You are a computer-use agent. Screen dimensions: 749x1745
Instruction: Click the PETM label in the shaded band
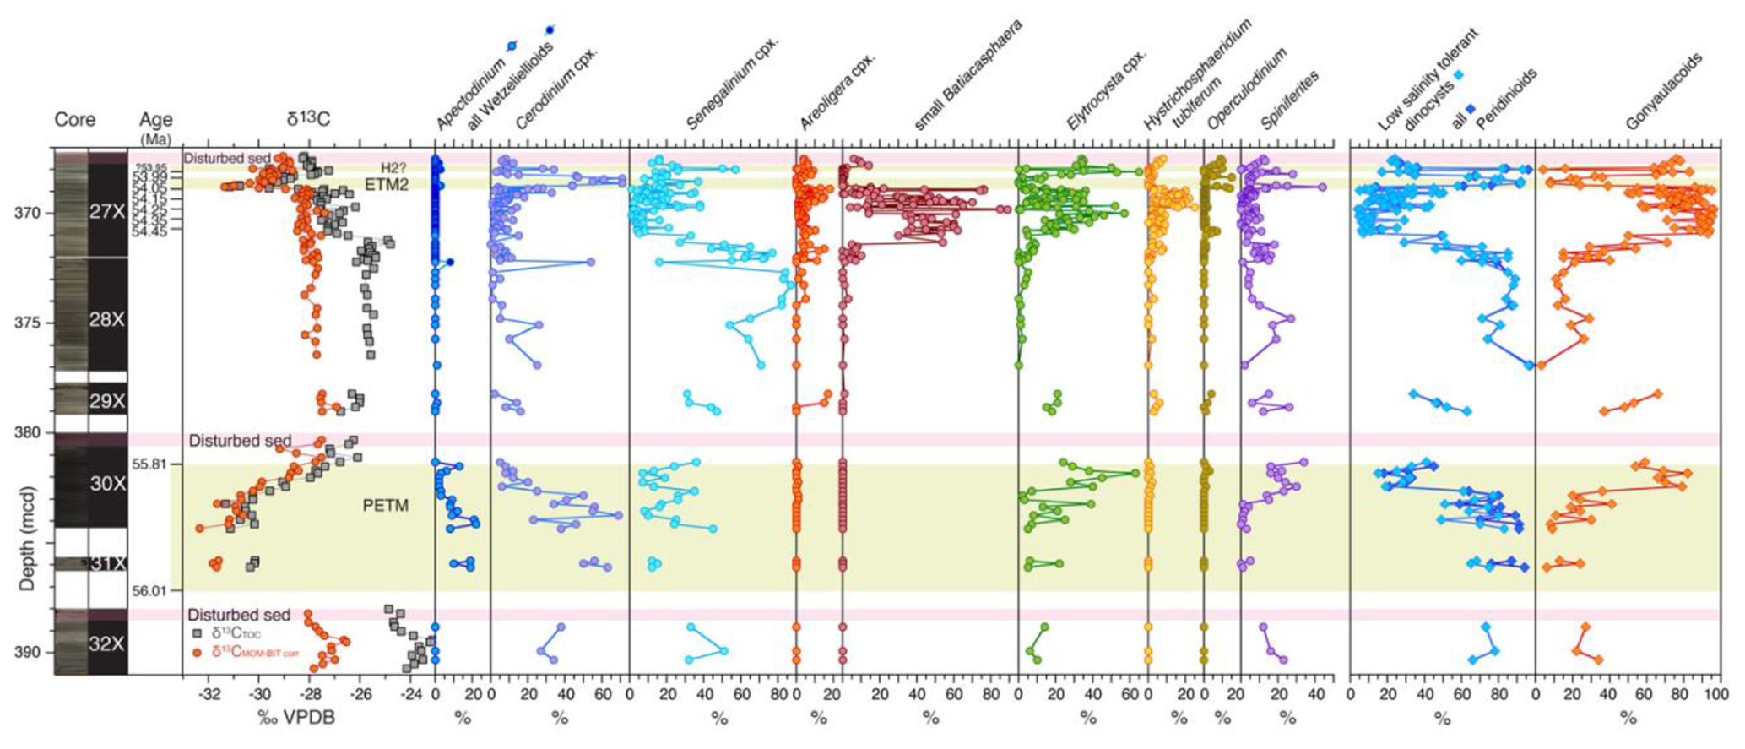(x=386, y=506)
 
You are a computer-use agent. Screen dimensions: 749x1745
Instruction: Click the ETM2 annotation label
(x=387, y=184)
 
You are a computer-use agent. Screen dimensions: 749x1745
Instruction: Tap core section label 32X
(x=107, y=644)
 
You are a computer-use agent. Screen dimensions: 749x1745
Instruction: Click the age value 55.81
(x=149, y=464)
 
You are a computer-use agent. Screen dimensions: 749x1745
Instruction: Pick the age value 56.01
(x=149, y=591)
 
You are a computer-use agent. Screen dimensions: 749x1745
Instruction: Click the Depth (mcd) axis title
(x=27, y=537)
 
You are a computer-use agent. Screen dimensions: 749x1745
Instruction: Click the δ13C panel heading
(x=308, y=120)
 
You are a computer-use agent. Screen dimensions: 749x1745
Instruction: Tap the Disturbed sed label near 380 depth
(x=240, y=441)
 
